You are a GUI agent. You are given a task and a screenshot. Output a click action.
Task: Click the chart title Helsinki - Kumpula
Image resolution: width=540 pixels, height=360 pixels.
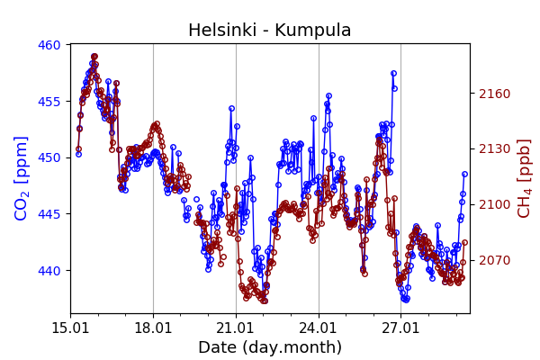(269, 31)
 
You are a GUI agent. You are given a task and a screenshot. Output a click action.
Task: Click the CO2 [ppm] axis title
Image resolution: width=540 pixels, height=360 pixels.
(22, 178)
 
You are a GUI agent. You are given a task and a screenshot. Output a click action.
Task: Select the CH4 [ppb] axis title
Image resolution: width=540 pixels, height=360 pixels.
(524, 178)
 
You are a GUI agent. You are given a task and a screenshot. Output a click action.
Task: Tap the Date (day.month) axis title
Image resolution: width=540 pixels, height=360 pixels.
(269, 347)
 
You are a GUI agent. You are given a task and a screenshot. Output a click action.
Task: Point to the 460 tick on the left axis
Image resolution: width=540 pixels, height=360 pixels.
(49, 45)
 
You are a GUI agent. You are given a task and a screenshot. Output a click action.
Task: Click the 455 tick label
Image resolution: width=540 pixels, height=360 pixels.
(49, 101)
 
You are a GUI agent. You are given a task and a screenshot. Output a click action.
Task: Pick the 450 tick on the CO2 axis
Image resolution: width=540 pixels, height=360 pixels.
(49, 157)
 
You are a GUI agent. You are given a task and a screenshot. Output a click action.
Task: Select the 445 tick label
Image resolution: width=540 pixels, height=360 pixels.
(49, 214)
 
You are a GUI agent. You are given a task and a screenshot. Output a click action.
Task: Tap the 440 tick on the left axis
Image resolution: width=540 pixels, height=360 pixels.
(49, 270)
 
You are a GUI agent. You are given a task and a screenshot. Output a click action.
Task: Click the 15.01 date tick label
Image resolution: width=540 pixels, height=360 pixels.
(70, 328)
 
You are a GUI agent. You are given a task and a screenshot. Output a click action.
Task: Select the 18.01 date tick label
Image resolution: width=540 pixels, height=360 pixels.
(153, 328)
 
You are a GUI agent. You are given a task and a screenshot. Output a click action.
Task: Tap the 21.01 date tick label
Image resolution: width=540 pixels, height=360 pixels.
(236, 328)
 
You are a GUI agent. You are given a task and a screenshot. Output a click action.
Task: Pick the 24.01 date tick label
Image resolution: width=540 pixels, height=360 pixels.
(319, 328)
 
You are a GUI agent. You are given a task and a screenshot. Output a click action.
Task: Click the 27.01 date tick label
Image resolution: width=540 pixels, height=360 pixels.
(401, 328)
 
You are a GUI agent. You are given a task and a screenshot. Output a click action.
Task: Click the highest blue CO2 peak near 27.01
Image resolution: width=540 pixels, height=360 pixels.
(393, 73)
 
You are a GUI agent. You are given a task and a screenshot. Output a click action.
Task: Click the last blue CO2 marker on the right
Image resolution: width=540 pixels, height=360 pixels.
(464, 174)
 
